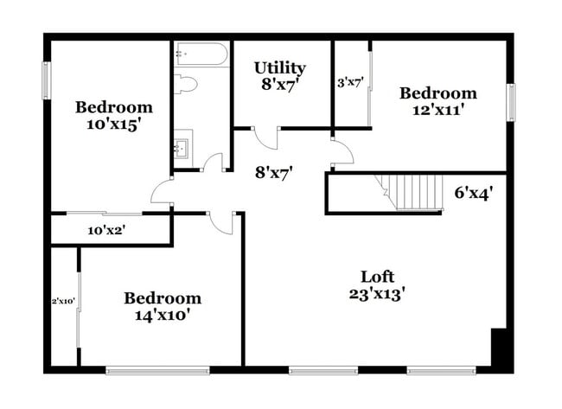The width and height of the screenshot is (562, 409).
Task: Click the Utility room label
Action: [x=279, y=67]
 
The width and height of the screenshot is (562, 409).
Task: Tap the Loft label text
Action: [x=377, y=277]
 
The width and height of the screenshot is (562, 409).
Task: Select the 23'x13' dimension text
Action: [x=377, y=293]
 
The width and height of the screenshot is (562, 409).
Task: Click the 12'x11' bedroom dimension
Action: [x=437, y=110]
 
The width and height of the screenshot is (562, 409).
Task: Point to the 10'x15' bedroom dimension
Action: [x=113, y=124]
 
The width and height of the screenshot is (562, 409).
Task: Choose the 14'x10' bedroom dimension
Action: [x=162, y=315]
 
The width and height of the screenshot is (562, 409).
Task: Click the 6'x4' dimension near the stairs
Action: [x=474, y=193]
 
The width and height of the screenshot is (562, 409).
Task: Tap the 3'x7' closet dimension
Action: [x=350, y=83]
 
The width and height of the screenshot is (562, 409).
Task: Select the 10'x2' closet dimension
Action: [x=108, y=230]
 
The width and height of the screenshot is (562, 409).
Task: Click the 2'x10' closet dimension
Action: [x=63, y=301]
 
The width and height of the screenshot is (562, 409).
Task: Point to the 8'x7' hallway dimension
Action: [x=272, y=171]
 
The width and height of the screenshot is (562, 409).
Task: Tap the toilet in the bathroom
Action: [x=186, y=84]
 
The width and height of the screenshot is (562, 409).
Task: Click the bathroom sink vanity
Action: [x=182, y=146]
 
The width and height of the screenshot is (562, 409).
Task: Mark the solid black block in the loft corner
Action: [x=501, y=348]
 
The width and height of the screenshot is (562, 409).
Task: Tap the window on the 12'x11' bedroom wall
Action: [x=511, y=102]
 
